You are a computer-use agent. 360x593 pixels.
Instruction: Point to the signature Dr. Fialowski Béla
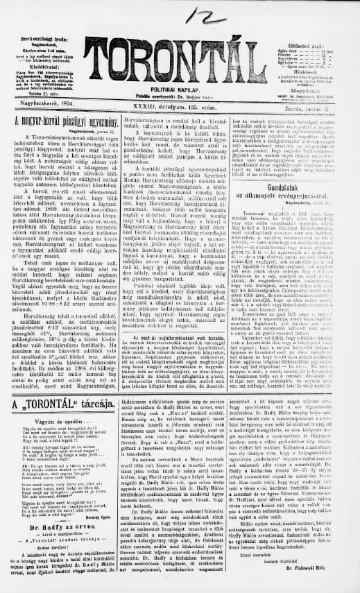pos(316,581)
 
